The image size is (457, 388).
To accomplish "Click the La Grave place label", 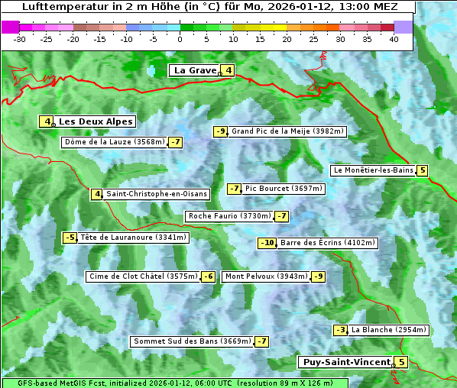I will (195, 70).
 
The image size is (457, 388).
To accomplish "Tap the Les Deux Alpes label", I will (96, 121).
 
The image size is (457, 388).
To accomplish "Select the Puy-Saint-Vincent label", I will (346, 362).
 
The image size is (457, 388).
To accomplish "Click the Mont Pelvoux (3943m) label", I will (266, 276).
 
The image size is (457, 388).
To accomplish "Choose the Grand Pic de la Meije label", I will (288, 131).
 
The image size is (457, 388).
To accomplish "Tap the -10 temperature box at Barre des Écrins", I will (267, 243).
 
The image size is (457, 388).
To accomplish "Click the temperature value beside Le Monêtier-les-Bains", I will (422, 170).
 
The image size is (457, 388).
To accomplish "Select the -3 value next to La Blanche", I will (341, 330).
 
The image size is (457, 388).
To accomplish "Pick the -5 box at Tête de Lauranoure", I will (70, 238).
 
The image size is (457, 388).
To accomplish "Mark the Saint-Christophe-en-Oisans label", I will (156, 194).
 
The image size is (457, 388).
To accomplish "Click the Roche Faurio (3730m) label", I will (229, 216).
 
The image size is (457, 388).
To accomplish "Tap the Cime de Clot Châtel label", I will (143, 276).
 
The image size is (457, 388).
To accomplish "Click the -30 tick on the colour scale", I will (20, 39).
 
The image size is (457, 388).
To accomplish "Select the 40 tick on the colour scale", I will (394, 39).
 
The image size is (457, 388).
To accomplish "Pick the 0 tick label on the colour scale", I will (180, 39).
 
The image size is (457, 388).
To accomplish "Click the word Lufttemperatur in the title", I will (61, 6).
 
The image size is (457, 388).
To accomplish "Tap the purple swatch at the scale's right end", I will (404, 27).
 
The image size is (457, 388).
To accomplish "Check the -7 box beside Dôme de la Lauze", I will (176, 142).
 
